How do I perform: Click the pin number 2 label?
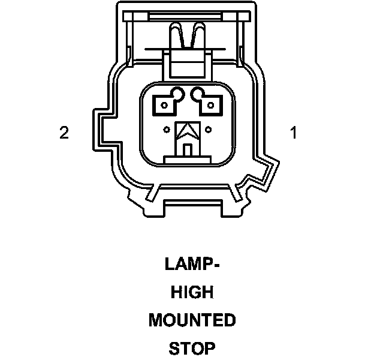pos(64,133)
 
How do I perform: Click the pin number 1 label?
pos(293,133)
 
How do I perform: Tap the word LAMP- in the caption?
pos(191,265)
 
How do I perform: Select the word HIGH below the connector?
pos(192,293)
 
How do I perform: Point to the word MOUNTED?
pos(192,320)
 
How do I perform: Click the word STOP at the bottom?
pos(192,349)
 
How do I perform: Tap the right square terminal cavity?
pos(210,106)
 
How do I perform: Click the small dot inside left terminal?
pos(164,106)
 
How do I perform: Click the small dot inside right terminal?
pos(210,106)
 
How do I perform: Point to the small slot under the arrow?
pos(187,149)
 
